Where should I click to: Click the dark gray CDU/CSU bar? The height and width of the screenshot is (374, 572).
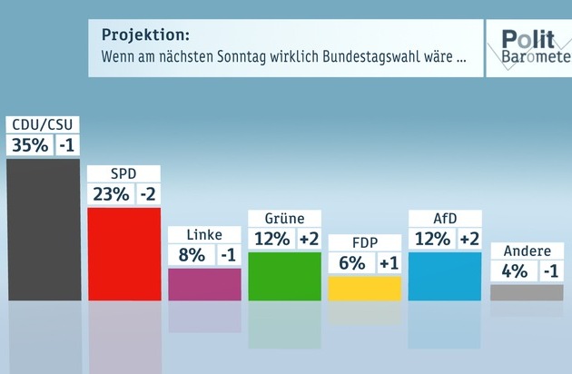pos(43,229)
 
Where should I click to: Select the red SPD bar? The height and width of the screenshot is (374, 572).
pos(123,253)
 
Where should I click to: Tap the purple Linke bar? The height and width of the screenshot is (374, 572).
pos(204,283)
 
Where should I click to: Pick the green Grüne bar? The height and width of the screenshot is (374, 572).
pos(284,275)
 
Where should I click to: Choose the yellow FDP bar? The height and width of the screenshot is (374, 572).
pos(364,288)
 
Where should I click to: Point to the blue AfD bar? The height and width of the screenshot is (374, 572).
pos(445,275)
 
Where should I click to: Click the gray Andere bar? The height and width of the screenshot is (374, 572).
pos(526,291)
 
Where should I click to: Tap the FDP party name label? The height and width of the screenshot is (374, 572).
pos(364,242)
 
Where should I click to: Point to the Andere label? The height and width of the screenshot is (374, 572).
pos(526,251)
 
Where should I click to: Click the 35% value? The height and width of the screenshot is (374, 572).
pos(29,145)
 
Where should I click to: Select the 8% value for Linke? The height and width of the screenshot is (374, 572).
pos(191,256)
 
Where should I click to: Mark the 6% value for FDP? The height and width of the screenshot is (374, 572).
pos(351,263)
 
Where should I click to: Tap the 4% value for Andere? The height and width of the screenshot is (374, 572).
pos(512,271)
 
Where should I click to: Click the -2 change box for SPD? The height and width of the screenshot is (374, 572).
pos(147,194)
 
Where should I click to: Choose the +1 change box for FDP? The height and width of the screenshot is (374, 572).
pos(389,263)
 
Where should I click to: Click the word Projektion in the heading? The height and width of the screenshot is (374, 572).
pos(145,35)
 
